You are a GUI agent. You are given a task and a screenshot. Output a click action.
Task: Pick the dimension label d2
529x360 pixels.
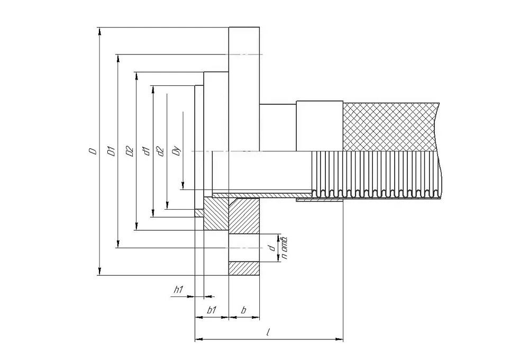pos(161,151)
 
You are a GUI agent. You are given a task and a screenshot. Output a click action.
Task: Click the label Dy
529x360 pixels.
pos(177,151)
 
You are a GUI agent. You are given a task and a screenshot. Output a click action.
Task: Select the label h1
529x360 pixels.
pos(178,290)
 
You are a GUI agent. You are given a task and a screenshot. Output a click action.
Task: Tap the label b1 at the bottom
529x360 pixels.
pos(211,310)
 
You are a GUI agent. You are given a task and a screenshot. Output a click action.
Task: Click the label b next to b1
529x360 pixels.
pos(243,310)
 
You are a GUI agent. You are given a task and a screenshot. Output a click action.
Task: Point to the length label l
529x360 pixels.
pos(268,332)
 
